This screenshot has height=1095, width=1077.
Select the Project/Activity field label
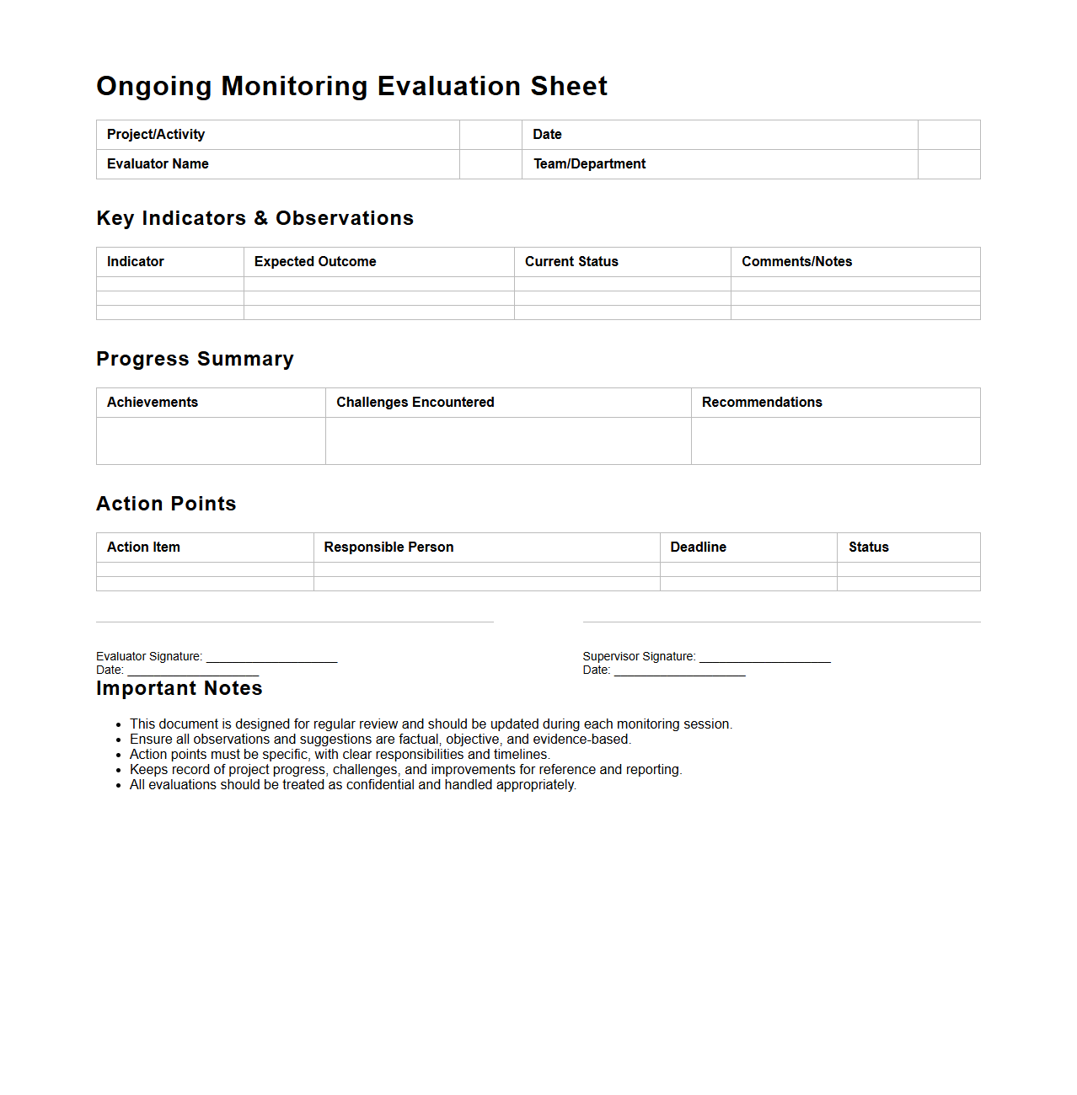tap(156, 135)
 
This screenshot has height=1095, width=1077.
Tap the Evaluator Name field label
tap(158, 164)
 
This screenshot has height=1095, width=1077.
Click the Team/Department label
tap(589, 164)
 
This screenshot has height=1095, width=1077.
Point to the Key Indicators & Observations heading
tap(255, 218)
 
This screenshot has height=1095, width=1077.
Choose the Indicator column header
tap(136, 262)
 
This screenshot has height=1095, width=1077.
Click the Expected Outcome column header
tap(315, 262)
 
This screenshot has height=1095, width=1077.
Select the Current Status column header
tap(571, 262)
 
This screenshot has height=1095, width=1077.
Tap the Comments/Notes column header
tap(796, 262)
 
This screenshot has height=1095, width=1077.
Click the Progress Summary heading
tap(195, 359)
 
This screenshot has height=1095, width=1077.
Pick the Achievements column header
tap(153, 403)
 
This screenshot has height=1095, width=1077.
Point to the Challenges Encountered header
tap(415, 403)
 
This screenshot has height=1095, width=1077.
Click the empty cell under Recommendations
tap(835, 441)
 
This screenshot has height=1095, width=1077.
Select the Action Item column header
tap(143, 547)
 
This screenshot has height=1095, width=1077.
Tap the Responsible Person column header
tap(388, 547)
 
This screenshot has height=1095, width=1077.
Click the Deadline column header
tap(698, 547)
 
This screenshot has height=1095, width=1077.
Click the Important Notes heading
tap(179, 688)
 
